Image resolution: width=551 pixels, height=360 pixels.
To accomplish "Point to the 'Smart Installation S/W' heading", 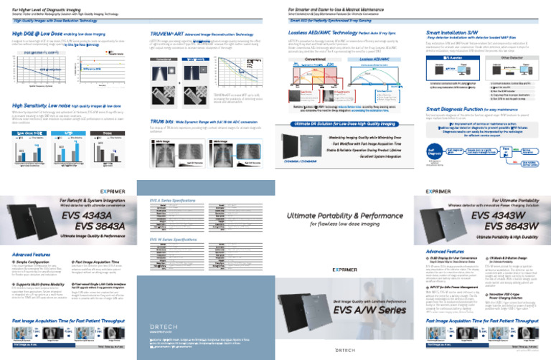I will pyautogui.click(x=453, y=34).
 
